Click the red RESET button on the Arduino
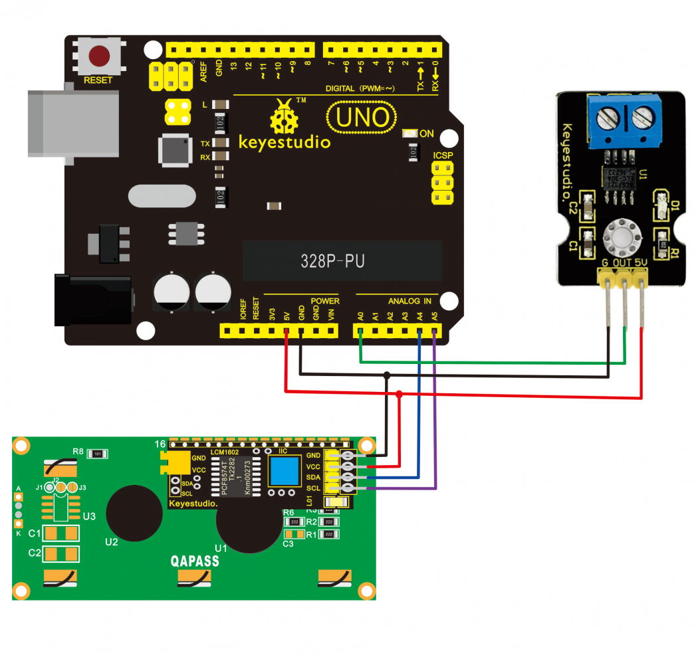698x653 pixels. pyautogui.click(x=100, y=55)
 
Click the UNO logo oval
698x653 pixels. pyautogui.click(x=362, y=118)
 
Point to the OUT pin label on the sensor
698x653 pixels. pyautogui.click(x=622, y=263)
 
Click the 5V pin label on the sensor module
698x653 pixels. pyautogui.click(x=641, y=263)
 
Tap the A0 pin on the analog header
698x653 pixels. pyautogui.click(x=360, y=331)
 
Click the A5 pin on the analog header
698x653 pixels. pyautogui.click(x=434, y=331)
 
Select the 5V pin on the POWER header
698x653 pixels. pyautogui.click(x=287, y=331)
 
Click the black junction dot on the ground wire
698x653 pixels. pyautogui.click(x=387, y=376)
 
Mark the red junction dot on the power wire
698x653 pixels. pyautogui.click(x=399, y=395)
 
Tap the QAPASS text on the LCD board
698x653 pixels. pyautogui.click(x=195, y=561)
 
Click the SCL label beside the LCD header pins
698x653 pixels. pyautogui.click(x=314, y=488)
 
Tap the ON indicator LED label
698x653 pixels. pyautogui.click(x=427, y=134)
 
